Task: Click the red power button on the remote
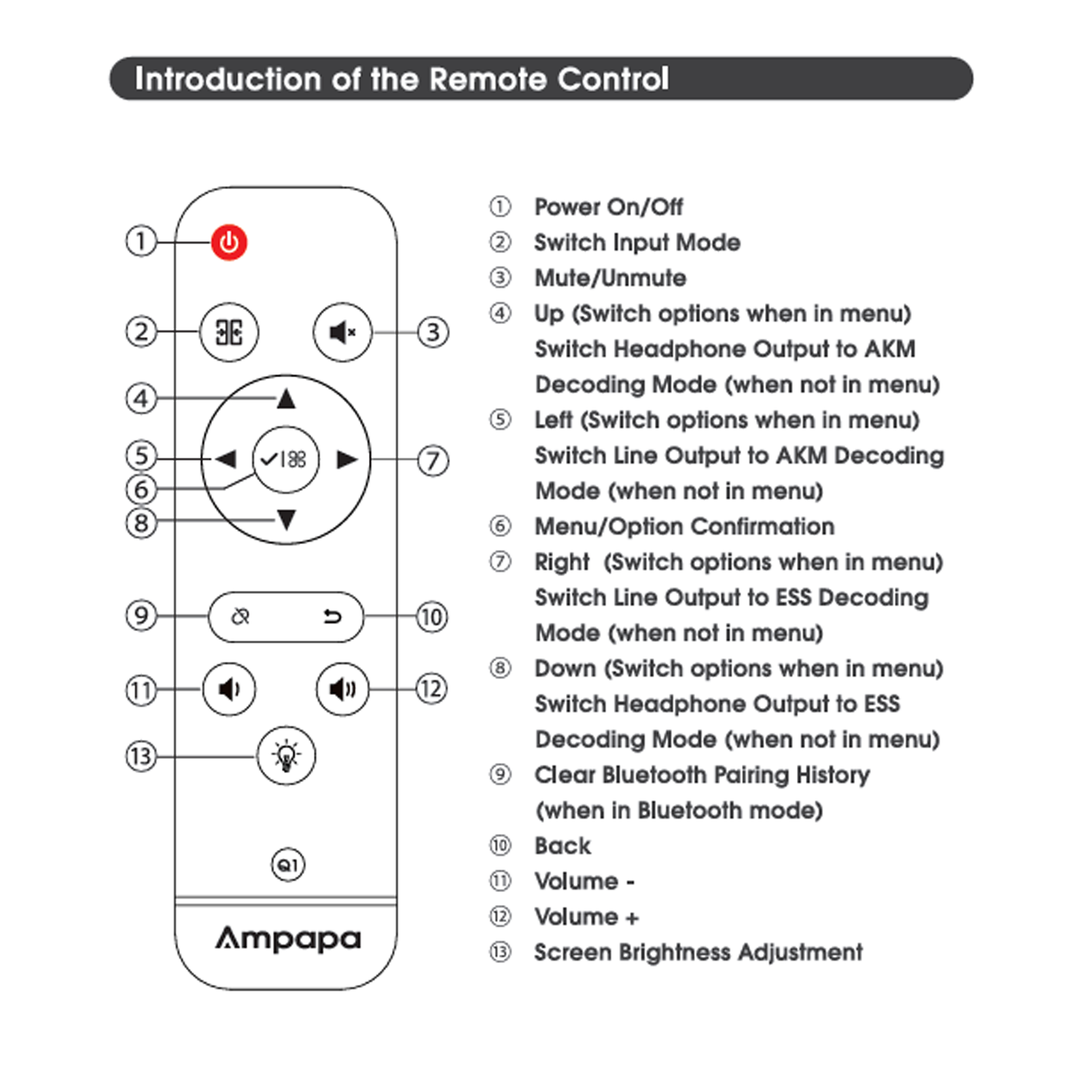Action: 229,243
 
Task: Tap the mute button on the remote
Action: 342,332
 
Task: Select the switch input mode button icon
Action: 229,332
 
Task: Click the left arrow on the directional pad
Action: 226,459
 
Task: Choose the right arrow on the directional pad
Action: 346,460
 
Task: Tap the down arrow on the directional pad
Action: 287,520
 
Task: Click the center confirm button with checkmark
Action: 285,460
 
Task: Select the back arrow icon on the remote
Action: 332,616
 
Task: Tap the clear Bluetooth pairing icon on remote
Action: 240,616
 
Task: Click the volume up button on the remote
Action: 342,690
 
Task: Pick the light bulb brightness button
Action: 286,755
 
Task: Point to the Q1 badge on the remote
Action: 288,865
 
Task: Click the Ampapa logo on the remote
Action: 288,939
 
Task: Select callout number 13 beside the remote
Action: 141,756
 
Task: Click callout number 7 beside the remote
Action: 433,461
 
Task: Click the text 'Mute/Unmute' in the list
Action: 610,278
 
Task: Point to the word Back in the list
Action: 563,846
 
